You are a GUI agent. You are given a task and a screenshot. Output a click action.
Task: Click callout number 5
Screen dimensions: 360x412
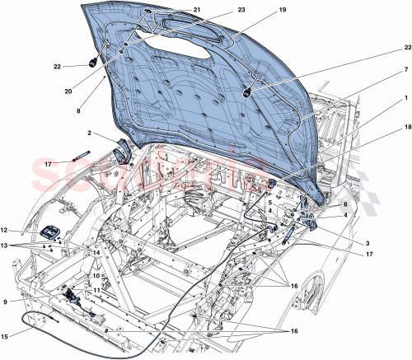tap(269, 203)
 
